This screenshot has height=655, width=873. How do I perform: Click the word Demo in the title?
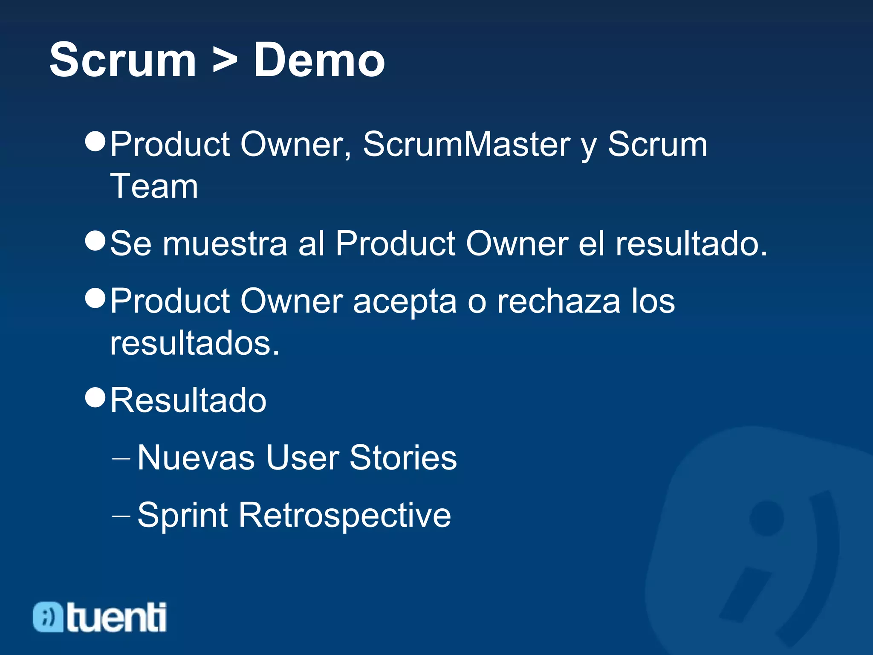(x=319, y=60)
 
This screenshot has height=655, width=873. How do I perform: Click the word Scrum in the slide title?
(x=123, y=60)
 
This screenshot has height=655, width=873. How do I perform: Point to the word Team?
(x=154, y=186)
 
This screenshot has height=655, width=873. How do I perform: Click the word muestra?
(x=225, y=244)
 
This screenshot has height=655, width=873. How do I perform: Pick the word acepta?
(x=405, y=301)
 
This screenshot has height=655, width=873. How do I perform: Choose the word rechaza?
(x=559, y=301)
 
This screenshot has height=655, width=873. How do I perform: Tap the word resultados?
(x=194, y=343)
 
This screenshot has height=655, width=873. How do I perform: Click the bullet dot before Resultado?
(x=95, y=398)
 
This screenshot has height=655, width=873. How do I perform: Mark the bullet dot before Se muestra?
(x=95, y=241)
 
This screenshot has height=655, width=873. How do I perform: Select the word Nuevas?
(x=196, y=458)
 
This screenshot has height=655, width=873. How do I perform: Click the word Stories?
(x=403, y=458)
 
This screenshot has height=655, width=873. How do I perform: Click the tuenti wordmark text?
(x=116, y=617)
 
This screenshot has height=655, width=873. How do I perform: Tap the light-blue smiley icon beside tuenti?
(x=48, y=617)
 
